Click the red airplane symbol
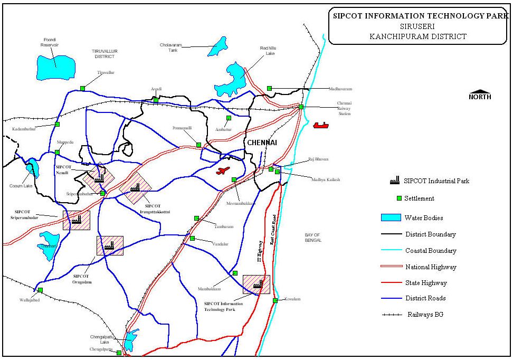pyautogui.click(x=223, y=170)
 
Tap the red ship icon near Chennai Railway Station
pyautogui.click(x=321, y=125)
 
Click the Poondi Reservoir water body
pyautogui.click(x=55, y=66)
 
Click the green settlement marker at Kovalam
pyautogui.click(x=275, y=300)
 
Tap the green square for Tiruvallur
pyautogui.click(x=82, y=88)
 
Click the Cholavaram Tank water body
pyautogui.click(x=216, y=46)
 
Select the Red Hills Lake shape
pyautogui.click(x=232, y=79)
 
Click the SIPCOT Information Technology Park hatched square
pyautogui.click(x=256, y=285)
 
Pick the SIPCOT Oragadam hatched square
pyautogui.click(x=110, y=245)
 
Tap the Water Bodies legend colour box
pyautogui.click(x=391, y=217)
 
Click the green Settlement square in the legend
pyautogui.click(x=399, y=198)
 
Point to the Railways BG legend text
pyautogui.click(x=425, y=315)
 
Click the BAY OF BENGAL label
pyautogui.click(x=312, y=238)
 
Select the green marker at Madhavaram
pyautogui.click(x=269, y=88)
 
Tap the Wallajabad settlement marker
pyautogui.click(x=40, y=290)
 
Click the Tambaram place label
pyautogui.click(x=223, y=226)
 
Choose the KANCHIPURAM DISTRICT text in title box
pyautogui.click(x=418, y=36)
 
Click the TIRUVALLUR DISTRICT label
pyautogui.click(x=104, y=53)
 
